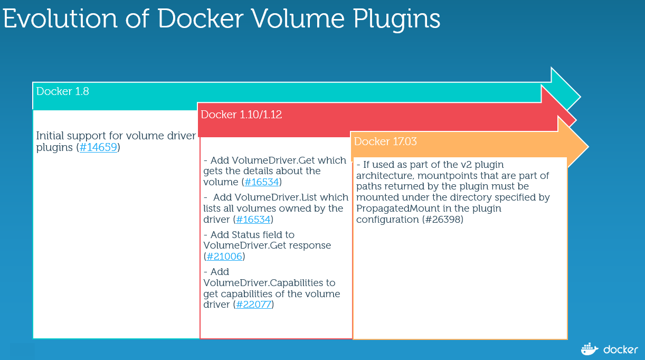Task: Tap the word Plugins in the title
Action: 396,20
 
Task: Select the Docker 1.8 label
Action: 62,91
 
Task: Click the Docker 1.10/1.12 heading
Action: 241,115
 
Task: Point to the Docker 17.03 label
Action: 385,141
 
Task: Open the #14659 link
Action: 98,147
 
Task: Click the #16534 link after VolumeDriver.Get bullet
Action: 261,182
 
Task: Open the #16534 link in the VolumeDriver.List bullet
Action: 253,220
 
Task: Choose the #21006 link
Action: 224,257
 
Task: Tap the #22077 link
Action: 253,305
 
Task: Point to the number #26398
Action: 442,220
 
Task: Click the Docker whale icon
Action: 590,349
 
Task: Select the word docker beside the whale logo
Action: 621,349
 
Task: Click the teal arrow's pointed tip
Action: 580,97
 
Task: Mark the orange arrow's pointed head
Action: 589,147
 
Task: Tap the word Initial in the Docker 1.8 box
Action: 50,136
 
